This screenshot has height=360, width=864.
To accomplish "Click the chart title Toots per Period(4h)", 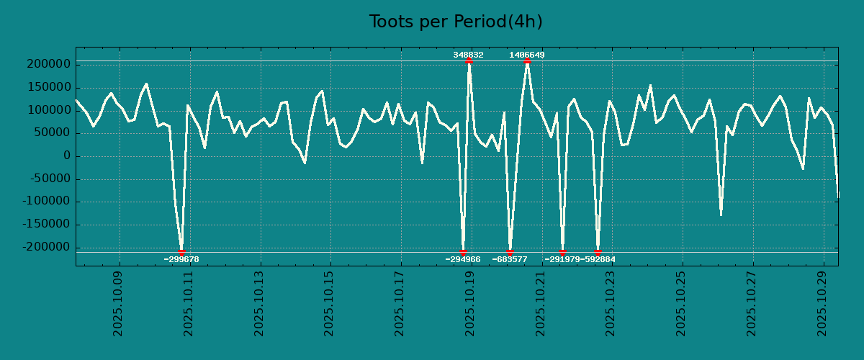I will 455,22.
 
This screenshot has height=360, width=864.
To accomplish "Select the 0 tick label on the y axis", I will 67,156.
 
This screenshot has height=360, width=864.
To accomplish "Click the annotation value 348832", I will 468,55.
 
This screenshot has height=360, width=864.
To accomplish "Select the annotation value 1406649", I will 527,55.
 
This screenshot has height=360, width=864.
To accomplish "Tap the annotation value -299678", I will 181,259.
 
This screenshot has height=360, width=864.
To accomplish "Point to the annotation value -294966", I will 463,259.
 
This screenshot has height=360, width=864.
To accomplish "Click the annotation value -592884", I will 598,259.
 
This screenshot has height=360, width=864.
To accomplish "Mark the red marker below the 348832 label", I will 469,61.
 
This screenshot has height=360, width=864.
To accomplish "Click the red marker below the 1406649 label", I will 527,61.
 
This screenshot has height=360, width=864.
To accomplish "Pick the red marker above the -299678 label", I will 181,252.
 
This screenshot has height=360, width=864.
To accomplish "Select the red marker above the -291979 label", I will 562,252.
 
